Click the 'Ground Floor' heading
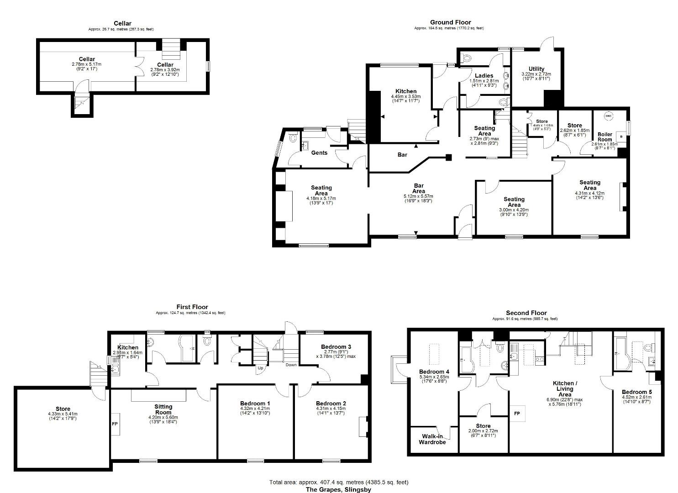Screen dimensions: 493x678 coord(450,22)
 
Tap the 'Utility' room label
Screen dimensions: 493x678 coord(536,69)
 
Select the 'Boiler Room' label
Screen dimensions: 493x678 coord(605,137)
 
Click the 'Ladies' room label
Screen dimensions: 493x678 coord(484,76)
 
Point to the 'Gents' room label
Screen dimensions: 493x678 coord(319,152)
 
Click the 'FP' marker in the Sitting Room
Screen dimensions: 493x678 coord(115,424)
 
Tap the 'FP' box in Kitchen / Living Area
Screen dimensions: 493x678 coord(517,414)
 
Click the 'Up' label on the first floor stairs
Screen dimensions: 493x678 coord(260,368)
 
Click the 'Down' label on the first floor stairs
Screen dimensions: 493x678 coord(291,365)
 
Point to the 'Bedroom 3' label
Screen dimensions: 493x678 coord(336,347)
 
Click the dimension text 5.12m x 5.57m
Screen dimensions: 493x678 coord(419,196)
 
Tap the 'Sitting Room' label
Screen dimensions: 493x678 coord(163,409)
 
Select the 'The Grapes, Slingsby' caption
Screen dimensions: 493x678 coord(338,490)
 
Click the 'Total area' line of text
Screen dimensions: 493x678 coord(338,482)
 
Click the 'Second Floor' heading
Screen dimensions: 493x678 coord(526,313)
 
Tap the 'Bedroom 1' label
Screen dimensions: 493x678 coord(255,404)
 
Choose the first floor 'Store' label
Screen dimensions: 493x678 coord(63,409)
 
